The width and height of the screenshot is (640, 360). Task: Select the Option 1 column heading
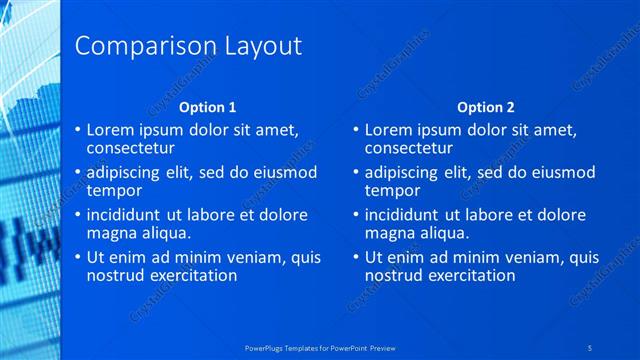coord(208,107)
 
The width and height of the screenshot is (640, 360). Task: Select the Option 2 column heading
coord(486,107)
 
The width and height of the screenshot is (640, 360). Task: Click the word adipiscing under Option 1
coord(128,172)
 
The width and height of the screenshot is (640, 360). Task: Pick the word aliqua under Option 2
coord(441,232)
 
